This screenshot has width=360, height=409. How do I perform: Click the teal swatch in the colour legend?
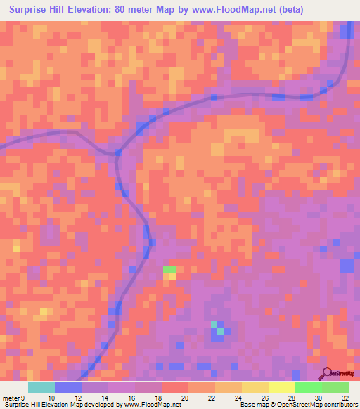41,387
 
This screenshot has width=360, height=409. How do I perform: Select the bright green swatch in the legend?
309,387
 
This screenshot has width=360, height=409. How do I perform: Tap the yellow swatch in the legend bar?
255,387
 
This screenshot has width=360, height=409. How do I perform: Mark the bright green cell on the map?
170,270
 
